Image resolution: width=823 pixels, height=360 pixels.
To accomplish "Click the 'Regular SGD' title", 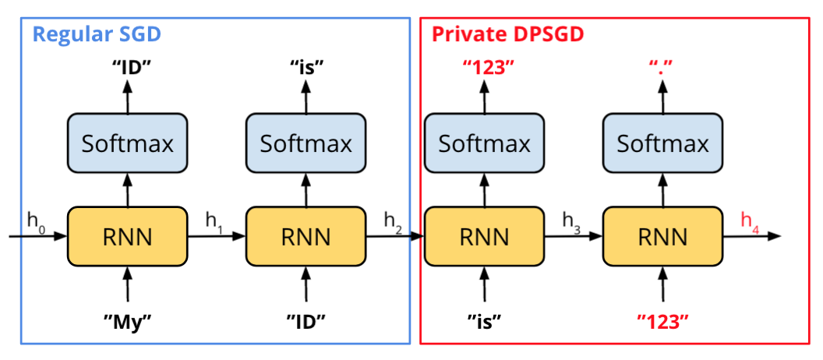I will coord(97,34).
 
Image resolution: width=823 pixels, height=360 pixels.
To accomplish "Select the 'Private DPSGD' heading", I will coord(507,34).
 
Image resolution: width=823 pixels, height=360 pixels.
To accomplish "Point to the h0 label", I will coord(36,221).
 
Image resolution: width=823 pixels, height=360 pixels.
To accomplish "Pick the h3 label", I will coord(572,221).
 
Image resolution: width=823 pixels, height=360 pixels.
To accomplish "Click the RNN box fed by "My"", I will coord(127,236).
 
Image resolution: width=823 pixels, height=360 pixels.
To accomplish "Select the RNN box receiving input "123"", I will coord(662,236).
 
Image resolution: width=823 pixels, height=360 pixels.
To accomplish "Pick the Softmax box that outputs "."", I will coord(662,143).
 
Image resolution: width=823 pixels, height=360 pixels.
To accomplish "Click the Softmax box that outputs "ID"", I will coord(127,143).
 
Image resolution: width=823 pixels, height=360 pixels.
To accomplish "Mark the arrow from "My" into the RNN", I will coord(127,284).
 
